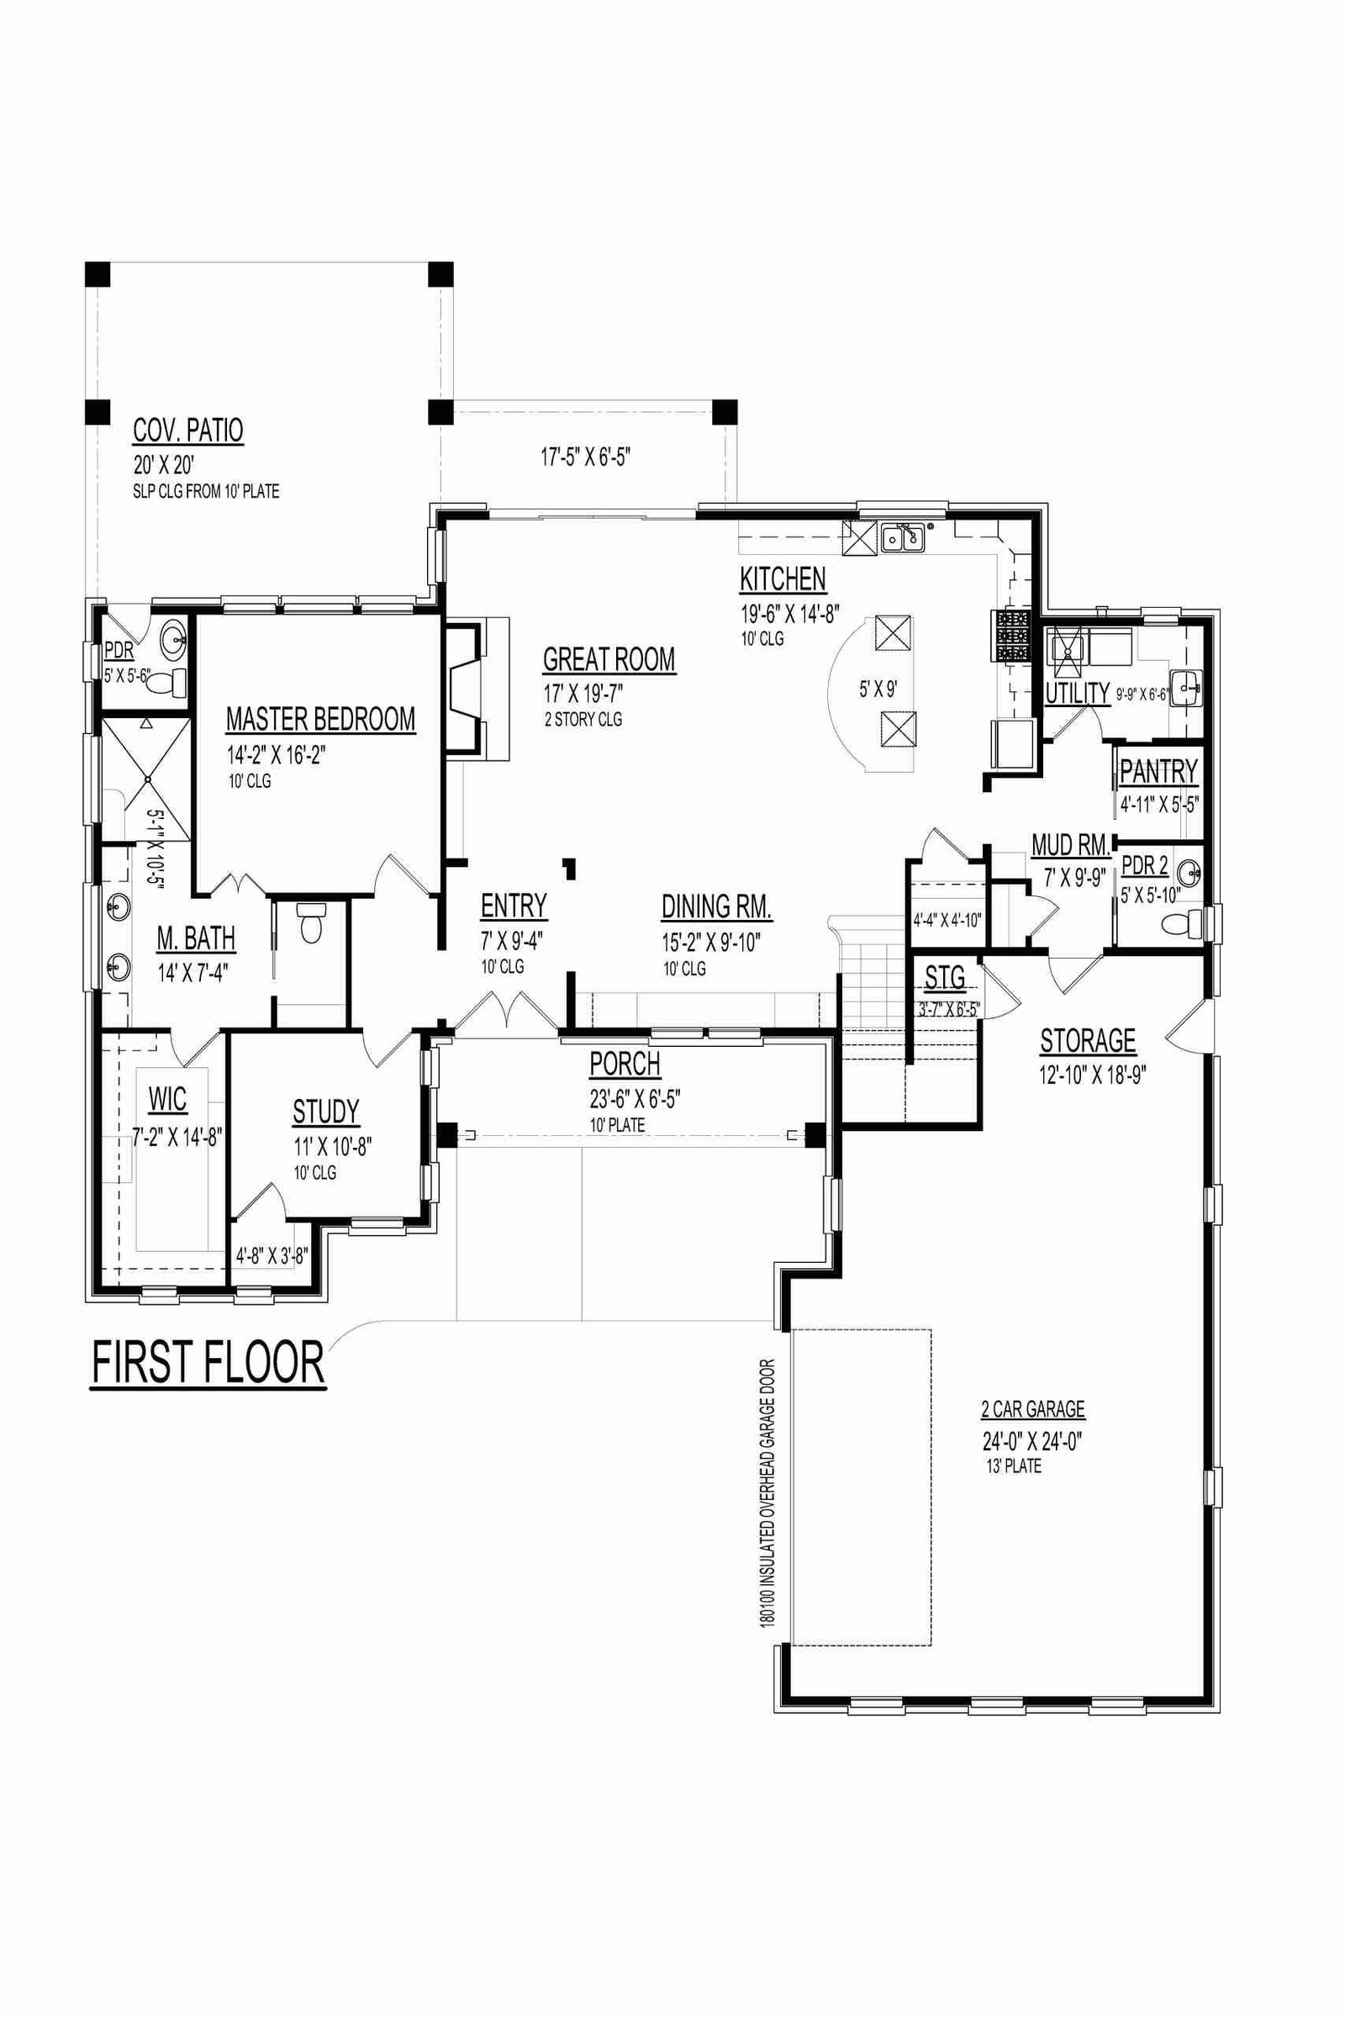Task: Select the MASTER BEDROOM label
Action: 321,719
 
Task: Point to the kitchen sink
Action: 902,538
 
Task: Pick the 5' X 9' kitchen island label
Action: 878,689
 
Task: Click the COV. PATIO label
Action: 187,431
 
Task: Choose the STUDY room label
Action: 326,1111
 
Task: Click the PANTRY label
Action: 1158,771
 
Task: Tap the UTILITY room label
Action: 1078,693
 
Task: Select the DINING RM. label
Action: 717,907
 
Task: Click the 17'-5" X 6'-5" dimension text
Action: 586,457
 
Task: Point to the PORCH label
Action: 625,1064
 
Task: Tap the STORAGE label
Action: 1088,1041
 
